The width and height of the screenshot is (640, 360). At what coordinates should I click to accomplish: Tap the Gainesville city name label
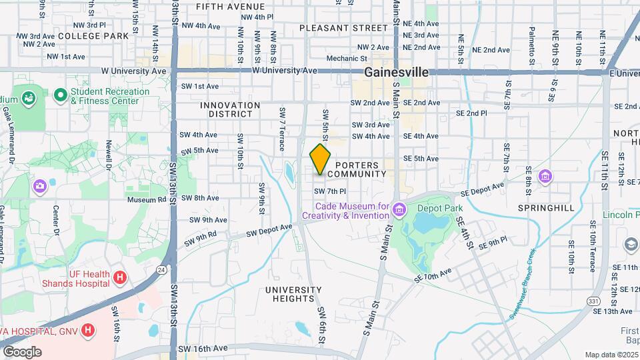click(x=400, y=72)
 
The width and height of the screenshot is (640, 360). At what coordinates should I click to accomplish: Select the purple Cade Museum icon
click(x=399, y=211)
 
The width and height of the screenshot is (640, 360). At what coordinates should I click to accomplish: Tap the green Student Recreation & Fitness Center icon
click(x=61, y=96)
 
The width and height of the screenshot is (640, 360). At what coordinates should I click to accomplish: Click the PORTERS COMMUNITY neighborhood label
click(x=361, y=169)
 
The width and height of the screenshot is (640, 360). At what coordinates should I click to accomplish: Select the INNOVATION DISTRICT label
click(x=230, y=109)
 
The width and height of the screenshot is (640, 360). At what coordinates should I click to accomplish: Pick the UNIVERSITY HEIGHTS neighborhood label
click(x=293, y=295)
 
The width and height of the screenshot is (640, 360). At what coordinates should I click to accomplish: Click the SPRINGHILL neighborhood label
click(x=546, y=208)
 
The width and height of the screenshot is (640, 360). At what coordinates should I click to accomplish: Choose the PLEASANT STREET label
click(x=343, y=28)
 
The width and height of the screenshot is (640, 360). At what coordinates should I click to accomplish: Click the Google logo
click(x=22, y=352)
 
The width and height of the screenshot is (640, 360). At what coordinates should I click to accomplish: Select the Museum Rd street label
click(x=147, y=199)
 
